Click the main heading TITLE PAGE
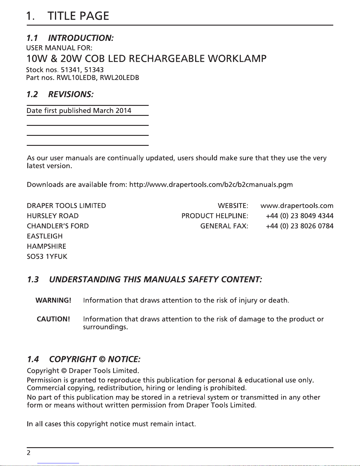tap(78, 16)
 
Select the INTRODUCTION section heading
tap(81, 38)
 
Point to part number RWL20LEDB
tap(119, 78)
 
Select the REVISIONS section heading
tap(71, 94)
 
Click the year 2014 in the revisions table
tap(123, 111)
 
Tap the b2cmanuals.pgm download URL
tap(211, 185)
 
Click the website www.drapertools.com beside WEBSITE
tap(297, 206)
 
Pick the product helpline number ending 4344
tap(299, 216)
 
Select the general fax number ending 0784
tap(299, 226)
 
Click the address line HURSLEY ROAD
tap(53, 216)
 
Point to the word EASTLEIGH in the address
tap(45, 236)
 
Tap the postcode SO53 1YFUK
tap(47, 257)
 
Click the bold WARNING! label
tap(53, 300)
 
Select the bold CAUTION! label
tap(53, 319)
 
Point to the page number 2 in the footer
tap(29, 453)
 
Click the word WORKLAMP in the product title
tap(237, 59)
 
